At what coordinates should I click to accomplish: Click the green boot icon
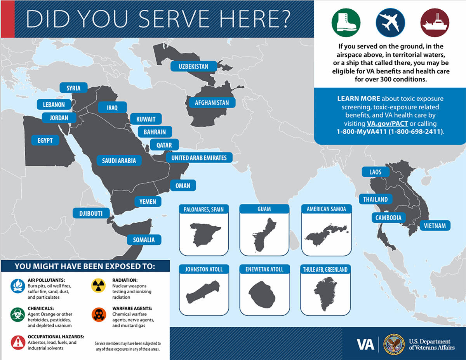pos(346,23)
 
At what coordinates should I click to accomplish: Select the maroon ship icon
pos(435,23)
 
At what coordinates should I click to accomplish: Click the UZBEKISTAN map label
pos(193,66)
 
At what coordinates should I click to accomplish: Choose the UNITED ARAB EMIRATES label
pos(199,158)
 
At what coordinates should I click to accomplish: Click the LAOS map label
pos(376,171)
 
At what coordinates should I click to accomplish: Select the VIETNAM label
pos(435,225)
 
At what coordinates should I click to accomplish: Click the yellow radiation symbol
pos(98,286)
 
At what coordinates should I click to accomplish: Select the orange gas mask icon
pos(98,315)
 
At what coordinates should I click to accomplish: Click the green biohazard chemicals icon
pos(17,315)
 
